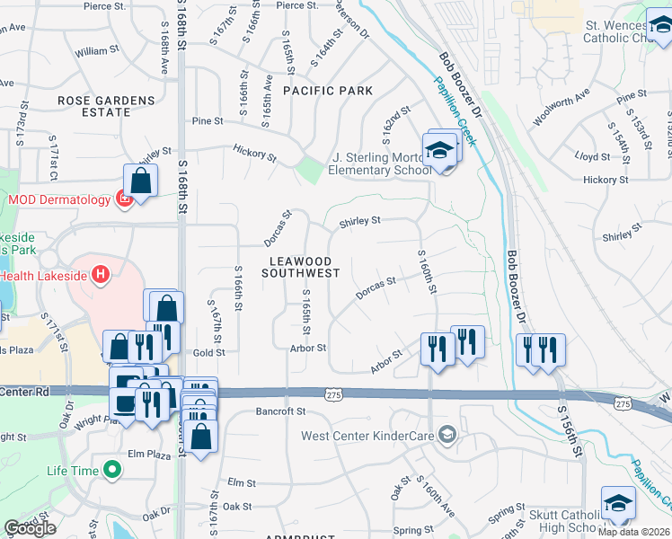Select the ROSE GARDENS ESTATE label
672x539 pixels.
click(106, 106)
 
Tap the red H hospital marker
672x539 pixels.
click(101, 274)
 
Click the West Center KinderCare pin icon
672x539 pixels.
click(447, 437)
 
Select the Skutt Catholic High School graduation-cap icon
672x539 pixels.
click(617, 502)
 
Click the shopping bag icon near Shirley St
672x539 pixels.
click(141, 179)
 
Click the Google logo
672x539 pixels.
click(30, 528)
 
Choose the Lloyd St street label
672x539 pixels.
click(592, 156)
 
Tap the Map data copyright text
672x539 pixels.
click(634, 532)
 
